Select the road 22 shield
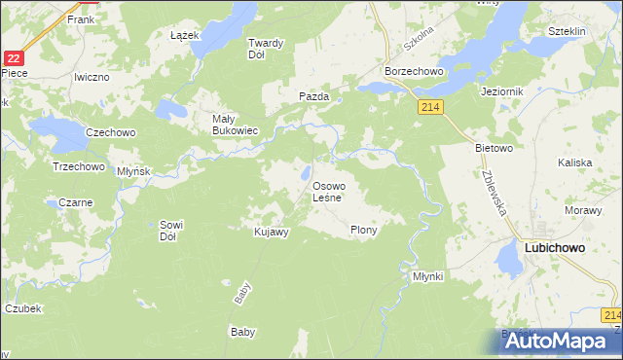coord(13,58)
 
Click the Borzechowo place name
coord(415,72)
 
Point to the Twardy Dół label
coord(264,49)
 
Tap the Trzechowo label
coord(78,166)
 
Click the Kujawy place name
coord(272,232)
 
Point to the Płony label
coord(363,231)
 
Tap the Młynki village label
coord(427,276)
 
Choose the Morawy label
coord(581,210)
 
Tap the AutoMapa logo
coord(550,341)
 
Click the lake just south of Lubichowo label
coord(507,260)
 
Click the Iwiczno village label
coord(94,75)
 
